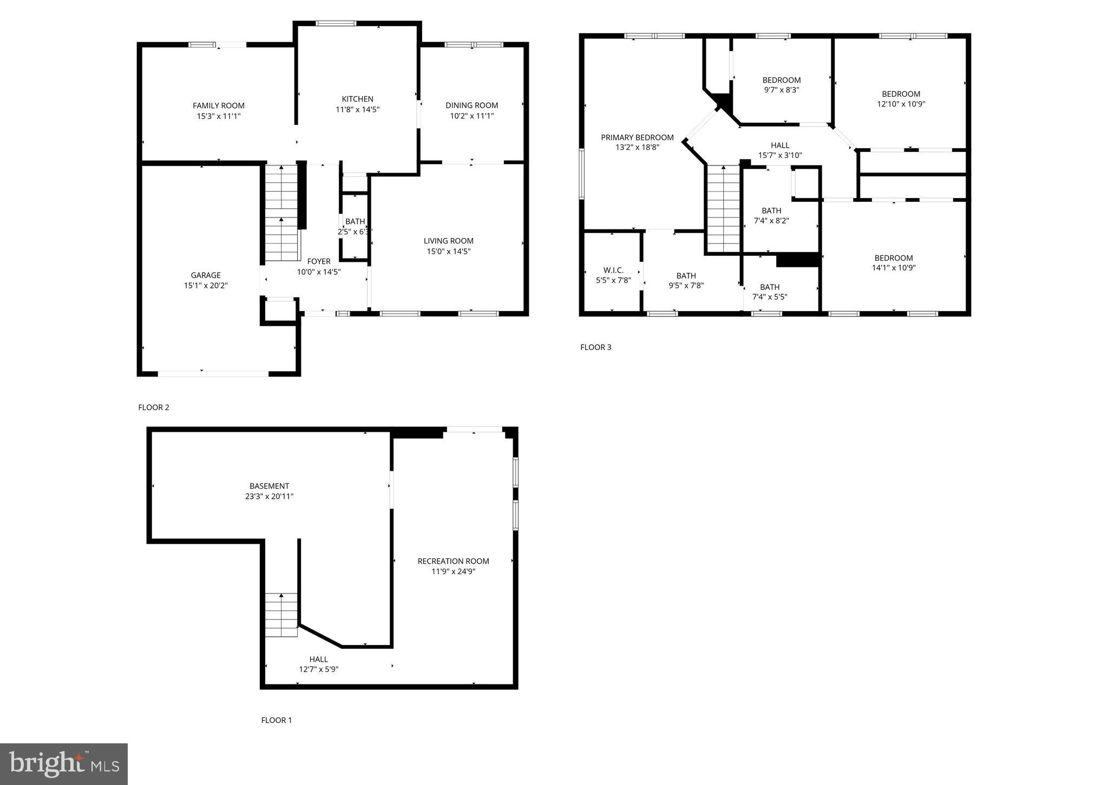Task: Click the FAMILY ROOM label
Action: (218, 106)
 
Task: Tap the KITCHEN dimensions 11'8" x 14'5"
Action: (357, 109)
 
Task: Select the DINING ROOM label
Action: (471, 105)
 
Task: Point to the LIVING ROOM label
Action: (448, 241)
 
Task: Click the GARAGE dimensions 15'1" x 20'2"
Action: (206, 286)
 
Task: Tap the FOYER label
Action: (318, 261)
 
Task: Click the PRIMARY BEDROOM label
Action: (637, 137)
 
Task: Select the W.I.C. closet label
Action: (613, 271)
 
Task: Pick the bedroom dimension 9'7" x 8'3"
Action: (781, 90)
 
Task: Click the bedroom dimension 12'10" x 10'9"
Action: (901, 104)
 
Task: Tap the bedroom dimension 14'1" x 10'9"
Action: (893, 267)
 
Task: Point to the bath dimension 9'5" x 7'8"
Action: (686, 286)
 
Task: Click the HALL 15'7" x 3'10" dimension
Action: (779, 155)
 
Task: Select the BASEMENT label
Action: (269, 486)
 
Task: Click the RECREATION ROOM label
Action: (453, 562)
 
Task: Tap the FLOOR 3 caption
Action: (595, 347)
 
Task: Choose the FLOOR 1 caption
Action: (276, 720)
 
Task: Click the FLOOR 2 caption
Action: (154, 407)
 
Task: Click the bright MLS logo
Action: (64, 764)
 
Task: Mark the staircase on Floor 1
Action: (281, 615)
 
